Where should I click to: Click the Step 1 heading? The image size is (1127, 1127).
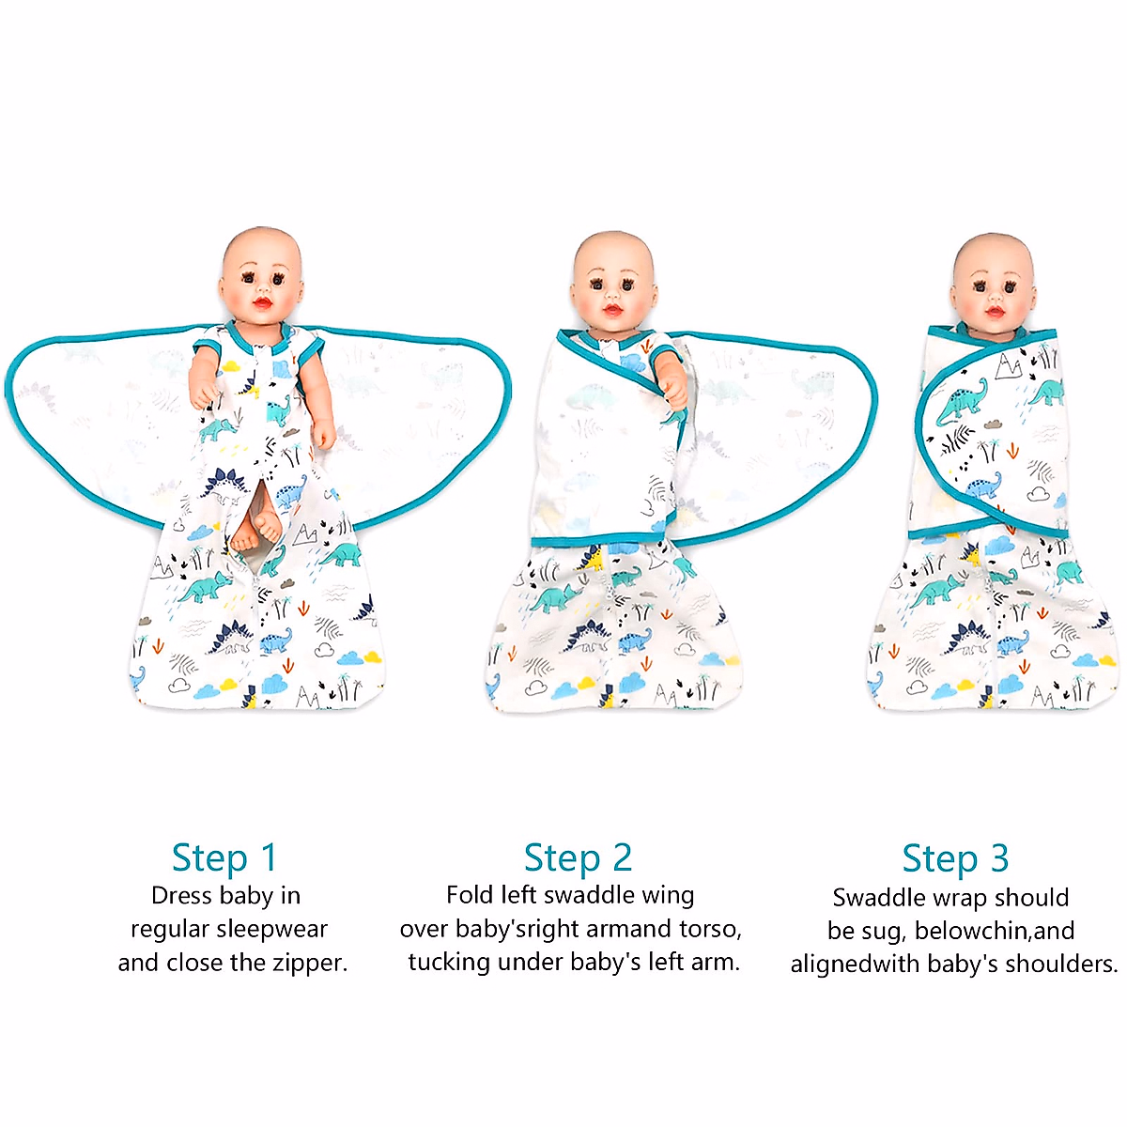coord(224,857)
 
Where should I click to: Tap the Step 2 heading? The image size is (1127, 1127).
coord(578,857)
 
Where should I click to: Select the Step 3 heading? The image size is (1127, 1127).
coord(954,858)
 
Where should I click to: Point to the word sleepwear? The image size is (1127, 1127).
coord(270,929)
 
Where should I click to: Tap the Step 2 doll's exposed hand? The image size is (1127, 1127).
coord(672,392)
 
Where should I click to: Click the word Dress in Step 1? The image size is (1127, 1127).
coord(181,895)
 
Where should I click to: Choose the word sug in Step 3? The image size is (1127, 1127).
coord(880,932)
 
